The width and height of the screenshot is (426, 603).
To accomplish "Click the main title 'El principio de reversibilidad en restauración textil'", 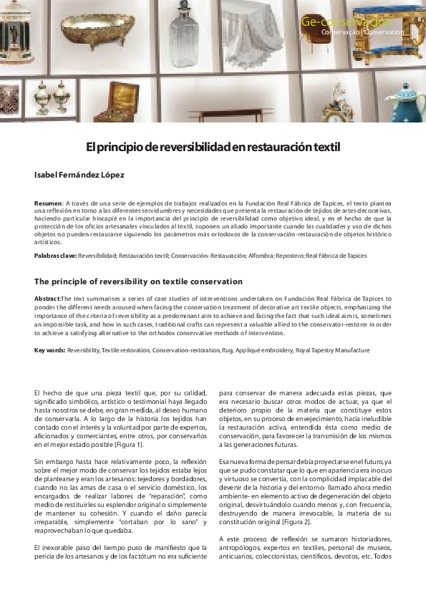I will [x=213, y=148].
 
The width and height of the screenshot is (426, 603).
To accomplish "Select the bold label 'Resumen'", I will [x=48, y=204].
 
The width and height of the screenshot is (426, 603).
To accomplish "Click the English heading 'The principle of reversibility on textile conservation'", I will [x=138, y=281].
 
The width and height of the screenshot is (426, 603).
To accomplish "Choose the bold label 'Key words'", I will [x=49, y=350].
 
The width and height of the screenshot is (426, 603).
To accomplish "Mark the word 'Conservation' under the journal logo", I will [x=386, y=32].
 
